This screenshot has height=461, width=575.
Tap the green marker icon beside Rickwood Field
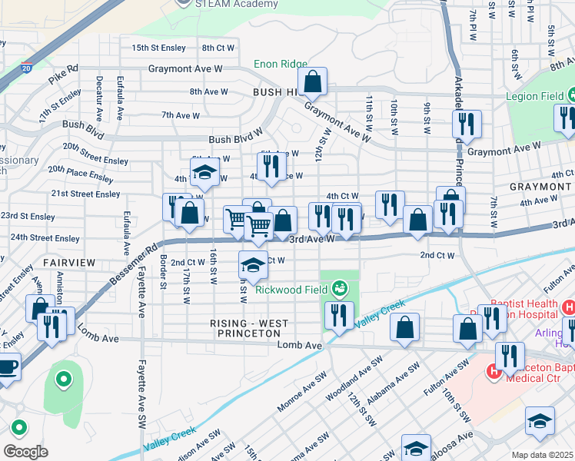click(x=338, y=289)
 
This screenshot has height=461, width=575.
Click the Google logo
click(x=25, y=451)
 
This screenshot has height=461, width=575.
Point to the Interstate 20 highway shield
click(x=27, y=68)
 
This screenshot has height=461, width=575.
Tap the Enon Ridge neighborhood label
click(x=281, y=65)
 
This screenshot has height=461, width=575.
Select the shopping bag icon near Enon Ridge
click(x=313, y=80)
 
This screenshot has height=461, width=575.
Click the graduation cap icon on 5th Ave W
click(x=204, y=173)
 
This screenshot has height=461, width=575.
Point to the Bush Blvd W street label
click(x=237, y=140)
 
